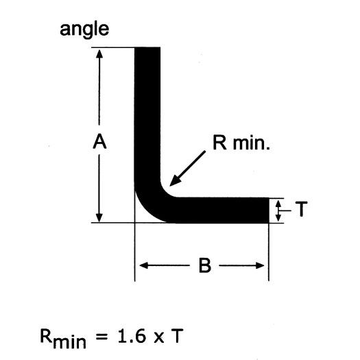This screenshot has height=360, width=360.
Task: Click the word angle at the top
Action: pyautogui.click(x=84, y=30)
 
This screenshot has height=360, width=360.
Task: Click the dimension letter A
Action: pyautogui.click(x=99, y=142)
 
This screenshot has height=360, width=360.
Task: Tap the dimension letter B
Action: pyautogui.click(x=204, y=265)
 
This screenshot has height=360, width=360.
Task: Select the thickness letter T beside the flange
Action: pyautogui.click(x=301, y=209)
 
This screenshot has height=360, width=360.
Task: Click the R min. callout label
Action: pyautogui.click(x=241, y=143)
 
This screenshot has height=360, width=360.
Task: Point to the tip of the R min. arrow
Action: pyautogui.click(x=169, y=186)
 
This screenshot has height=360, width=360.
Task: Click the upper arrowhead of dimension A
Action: pyautogui.click(x=99, y=54)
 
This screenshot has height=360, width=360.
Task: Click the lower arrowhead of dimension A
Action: pyautogui.click(x=99, y=217)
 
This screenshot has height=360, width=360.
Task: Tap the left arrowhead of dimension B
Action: pyautogui.click(x=144, y=265)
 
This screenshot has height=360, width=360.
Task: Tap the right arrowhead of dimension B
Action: pyautogui.click(x=260, y=265)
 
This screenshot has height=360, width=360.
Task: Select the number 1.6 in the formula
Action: pyautogui.click(x=132, y=336)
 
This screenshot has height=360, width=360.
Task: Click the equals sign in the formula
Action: pyautogui.click(x=101, y=337)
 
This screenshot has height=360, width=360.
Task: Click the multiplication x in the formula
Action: pyautogui.click(x=159, y=338)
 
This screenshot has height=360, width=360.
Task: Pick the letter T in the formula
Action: pyautogui.click(x=177, y=336)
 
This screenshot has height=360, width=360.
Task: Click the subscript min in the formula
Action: pyautogui.click(x=69, y=342)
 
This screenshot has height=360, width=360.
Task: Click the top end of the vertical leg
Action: pyautogui.click(x=147, y=48)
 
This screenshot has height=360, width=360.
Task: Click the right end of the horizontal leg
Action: pyautogui.click(x=268, y=210)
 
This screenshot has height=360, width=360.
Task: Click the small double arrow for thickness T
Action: pyautogui.click(x=278, y=211)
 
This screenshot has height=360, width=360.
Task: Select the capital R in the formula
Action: pyautogui.click(x=46, y=336)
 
